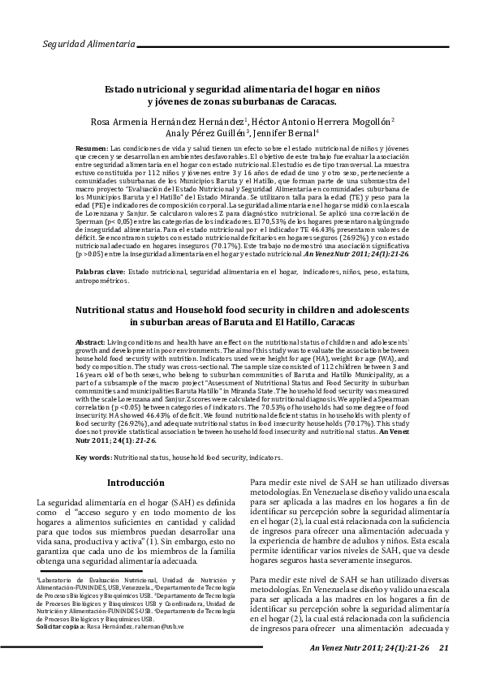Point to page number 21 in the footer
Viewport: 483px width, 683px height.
[x=443, y=647]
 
